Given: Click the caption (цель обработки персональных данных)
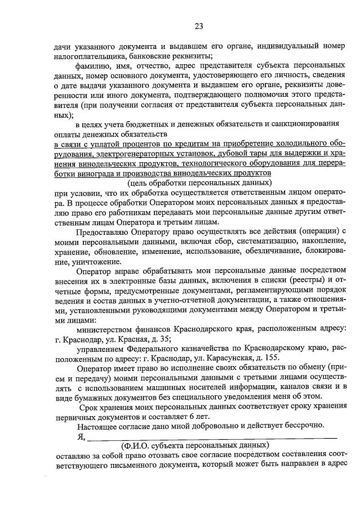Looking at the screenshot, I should pyautogui.click(x=199, y=182).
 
